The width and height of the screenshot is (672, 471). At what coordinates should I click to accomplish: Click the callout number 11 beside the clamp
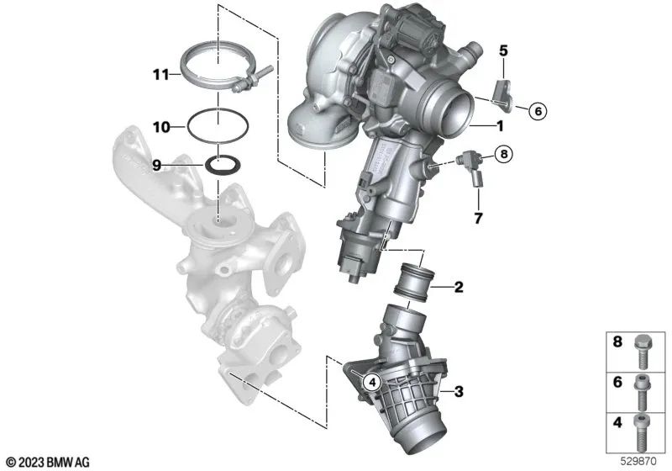[x=161, y=75]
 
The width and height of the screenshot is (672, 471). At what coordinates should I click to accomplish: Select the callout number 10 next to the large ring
[x=161, y=127]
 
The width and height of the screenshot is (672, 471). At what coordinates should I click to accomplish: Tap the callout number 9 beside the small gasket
[x=157, y=165]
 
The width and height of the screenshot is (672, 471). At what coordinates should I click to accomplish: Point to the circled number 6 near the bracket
[x=538, y=112]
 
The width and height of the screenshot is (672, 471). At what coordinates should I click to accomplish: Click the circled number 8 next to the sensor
[x=503, y=153]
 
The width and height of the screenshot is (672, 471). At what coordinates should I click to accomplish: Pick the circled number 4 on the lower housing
[x=371, y=381]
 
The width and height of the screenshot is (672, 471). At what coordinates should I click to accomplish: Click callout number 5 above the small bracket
[x=503, y=50]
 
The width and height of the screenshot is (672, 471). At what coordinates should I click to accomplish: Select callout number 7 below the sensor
[x=478, y=218]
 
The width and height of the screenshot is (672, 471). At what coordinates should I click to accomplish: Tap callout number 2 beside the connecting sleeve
[x=459, y=287]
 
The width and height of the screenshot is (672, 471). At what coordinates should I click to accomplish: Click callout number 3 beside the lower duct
[x=459, y=391]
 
